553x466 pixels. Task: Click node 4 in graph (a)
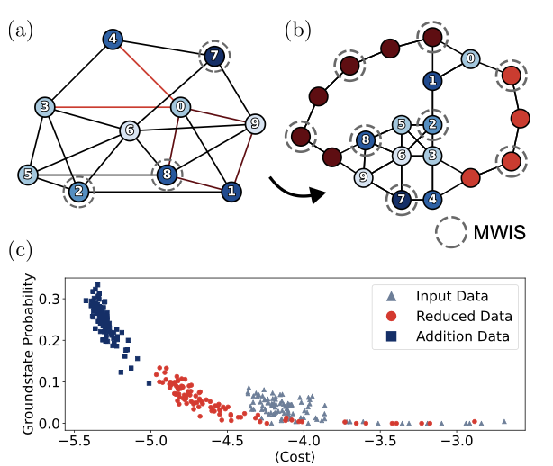[x=113, y=40]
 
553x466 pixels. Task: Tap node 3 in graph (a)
[x=44, y=109]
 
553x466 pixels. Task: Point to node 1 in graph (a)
[x=231, y=191]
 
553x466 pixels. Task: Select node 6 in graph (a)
[x=131, y=130]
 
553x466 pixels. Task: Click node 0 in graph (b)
[x=470, y=58]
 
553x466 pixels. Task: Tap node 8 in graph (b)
[x=366, y=139]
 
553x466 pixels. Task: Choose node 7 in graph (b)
[x=402, y=199]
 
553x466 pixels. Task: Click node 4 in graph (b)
[x=432, y=199]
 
